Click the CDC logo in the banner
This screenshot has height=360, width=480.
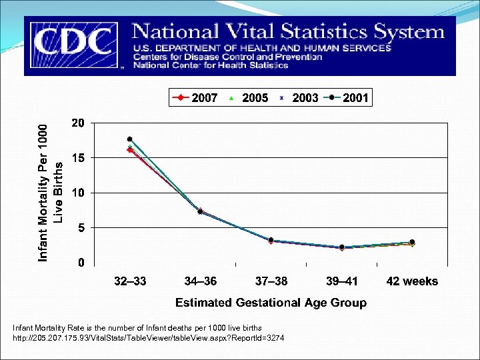click(x=73, y=45)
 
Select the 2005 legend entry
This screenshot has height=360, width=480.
click(x=247, y=98)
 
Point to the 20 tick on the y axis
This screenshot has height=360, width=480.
click(x=78, y=123)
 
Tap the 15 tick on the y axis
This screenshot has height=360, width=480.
click(x=78, y=158)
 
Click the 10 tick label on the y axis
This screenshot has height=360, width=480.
click(x=78, y=193)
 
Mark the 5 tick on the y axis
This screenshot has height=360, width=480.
click(x=81, y=228)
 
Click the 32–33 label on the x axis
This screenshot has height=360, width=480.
click(x=130, y=281)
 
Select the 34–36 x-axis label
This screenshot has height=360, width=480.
click(x=200, y=281)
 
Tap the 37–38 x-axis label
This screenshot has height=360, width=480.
click(x=271, y=281)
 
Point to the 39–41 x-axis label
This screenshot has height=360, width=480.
click(x=341, y=281)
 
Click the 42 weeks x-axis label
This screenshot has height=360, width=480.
click(x=412, y=281)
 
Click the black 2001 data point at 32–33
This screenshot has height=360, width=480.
click(x=130, y=139)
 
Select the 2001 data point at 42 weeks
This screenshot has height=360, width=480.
click(x=412, y=242)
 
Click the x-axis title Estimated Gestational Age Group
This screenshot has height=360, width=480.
click(x=271, y=303)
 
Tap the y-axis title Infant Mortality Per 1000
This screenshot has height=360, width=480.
click(x=43, y=193)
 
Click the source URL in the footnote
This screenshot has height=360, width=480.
click(x=149, y=339)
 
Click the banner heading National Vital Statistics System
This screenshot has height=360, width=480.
click(x=288, y=31)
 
